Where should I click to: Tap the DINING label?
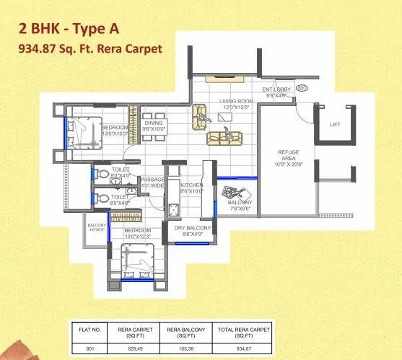click(x=153, y=125)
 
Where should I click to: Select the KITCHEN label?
click(x=191, y=188)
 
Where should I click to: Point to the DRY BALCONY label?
click(x=191, y=230)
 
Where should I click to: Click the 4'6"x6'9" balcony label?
click(x=97, y=228)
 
